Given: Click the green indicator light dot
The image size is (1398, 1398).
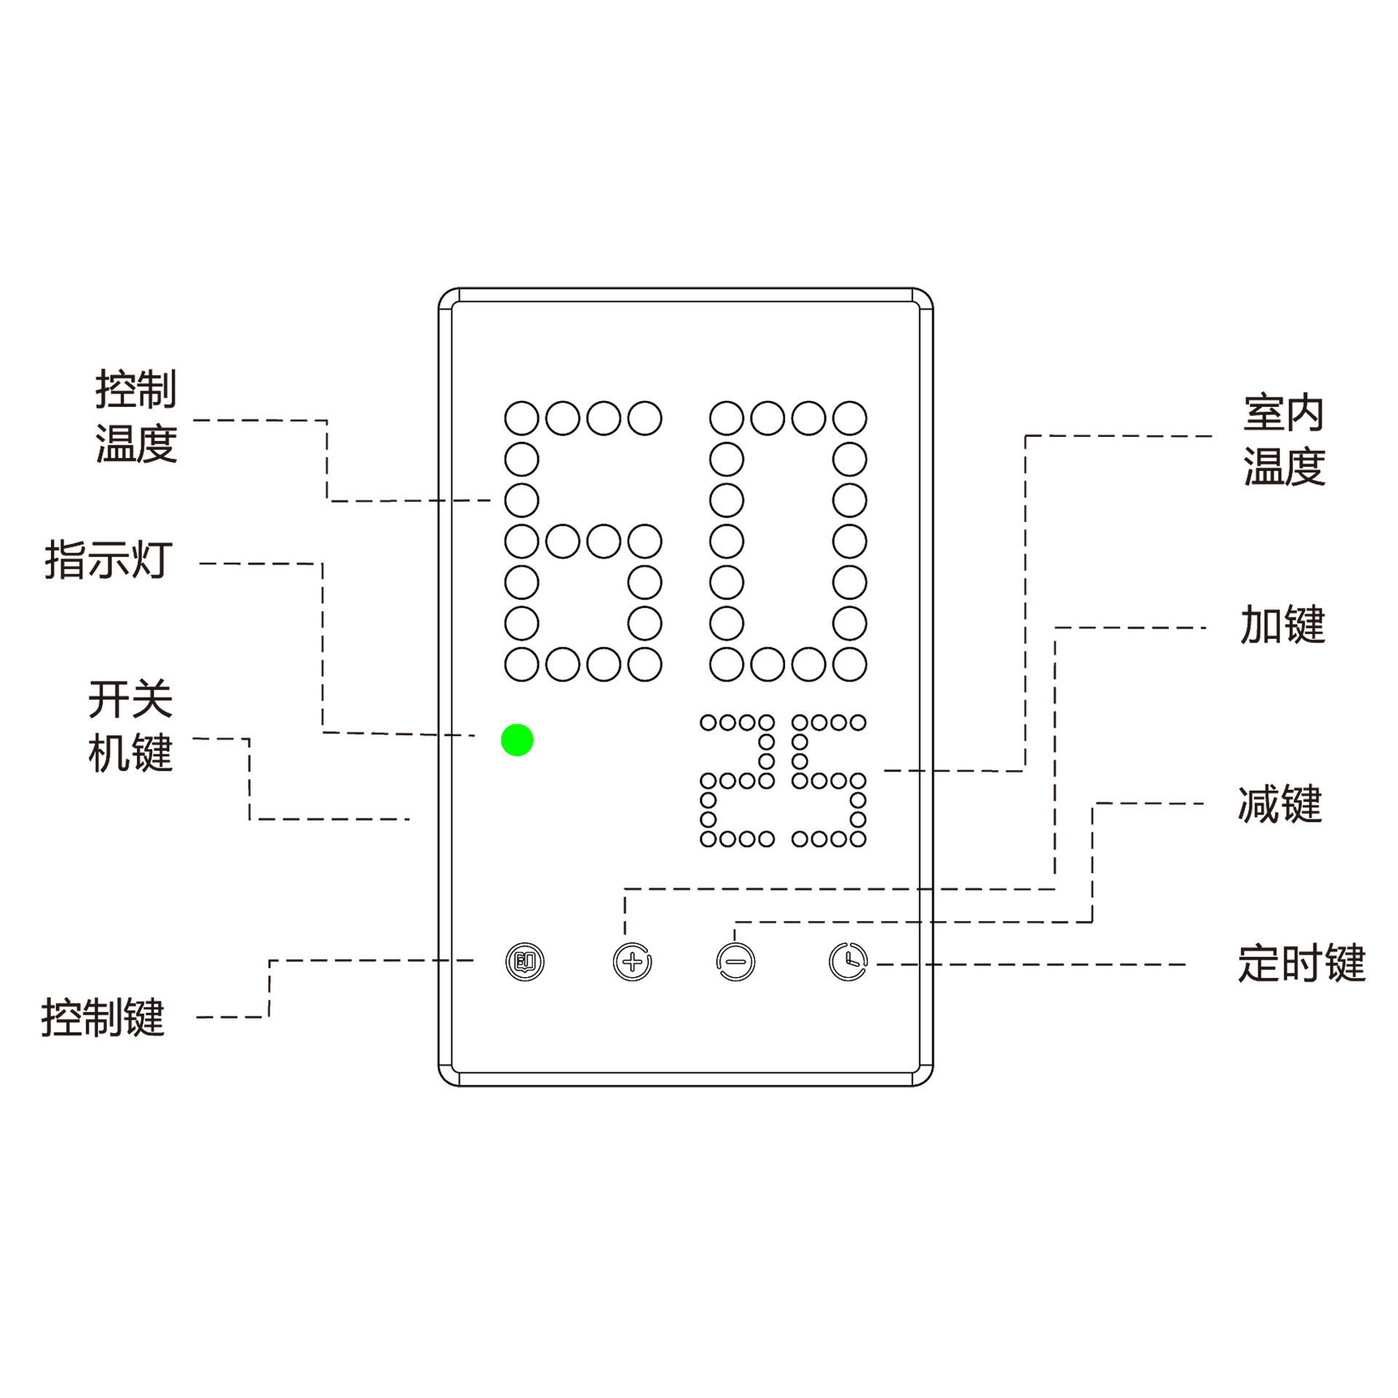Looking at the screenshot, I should (517, 740).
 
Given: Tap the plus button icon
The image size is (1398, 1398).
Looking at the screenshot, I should (632, 962).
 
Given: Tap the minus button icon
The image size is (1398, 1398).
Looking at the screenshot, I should (735, 962).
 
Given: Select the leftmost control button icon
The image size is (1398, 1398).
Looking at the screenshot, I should (525, 962).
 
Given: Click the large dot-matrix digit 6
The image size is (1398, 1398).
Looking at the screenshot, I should (582, 541).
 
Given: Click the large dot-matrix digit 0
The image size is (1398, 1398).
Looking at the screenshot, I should (788, 541).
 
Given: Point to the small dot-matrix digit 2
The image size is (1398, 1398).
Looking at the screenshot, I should (737, 781).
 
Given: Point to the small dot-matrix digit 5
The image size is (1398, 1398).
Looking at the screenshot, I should (829, 781).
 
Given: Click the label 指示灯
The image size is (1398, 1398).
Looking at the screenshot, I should (108, 560).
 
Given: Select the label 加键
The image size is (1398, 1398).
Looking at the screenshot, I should (1282, 625).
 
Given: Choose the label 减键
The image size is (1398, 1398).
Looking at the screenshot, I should (1279, 805).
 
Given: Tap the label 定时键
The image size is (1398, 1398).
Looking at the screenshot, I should (1301, 963).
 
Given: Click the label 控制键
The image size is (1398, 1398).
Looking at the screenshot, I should (103, 1017).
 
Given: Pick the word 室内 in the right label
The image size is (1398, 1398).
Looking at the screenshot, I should (1284, 413).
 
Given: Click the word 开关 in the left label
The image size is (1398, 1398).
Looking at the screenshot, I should (130, 699).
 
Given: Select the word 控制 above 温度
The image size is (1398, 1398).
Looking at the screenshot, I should (136, 390).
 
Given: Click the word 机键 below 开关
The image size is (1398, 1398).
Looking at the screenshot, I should (130, 753).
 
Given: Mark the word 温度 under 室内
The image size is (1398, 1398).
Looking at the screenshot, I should (1284, 467).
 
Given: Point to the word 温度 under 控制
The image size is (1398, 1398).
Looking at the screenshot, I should (136, 443).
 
